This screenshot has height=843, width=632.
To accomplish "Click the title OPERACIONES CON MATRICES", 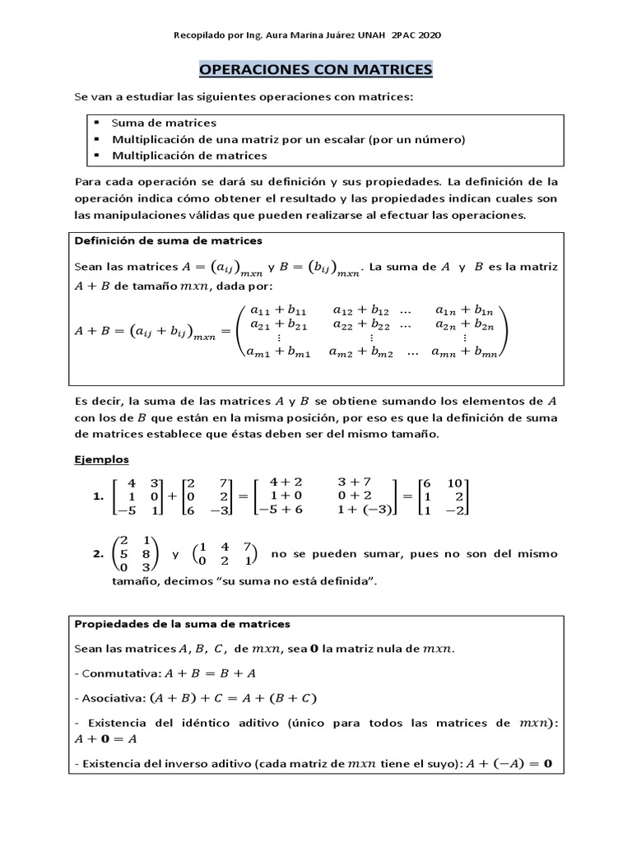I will [316, 70].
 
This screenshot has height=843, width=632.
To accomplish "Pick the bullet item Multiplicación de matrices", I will [189, 156].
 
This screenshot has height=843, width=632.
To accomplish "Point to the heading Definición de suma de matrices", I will [169, 241].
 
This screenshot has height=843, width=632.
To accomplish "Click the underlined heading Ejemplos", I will [101, 459].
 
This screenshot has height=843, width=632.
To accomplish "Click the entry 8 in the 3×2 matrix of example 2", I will [145, 554].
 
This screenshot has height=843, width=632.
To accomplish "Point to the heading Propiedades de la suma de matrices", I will [183, 624].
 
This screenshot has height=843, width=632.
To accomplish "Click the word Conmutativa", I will [115, 673].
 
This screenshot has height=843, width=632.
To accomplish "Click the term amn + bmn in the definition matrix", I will [467, 352].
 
